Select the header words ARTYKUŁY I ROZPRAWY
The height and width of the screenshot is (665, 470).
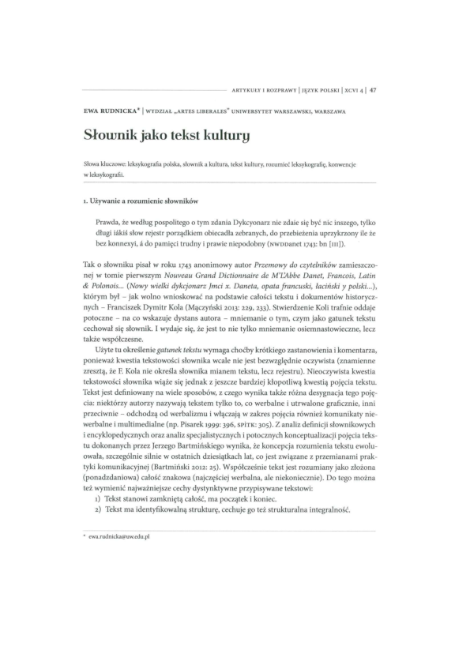(261, 89)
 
